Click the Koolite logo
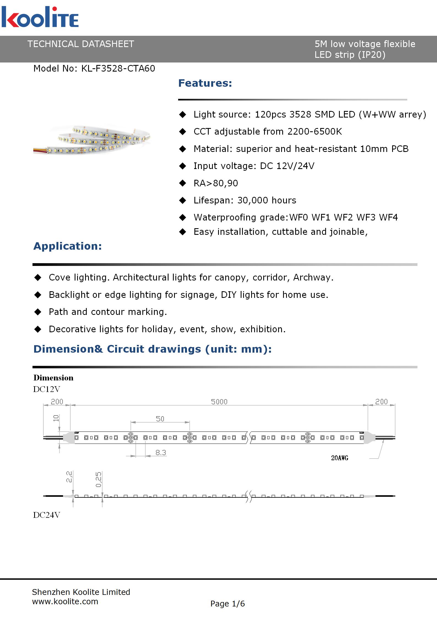pyautogui.click(x=40, y=17)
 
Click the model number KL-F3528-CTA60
pyautogui.click(x=118, y=69)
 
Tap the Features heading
pyautogui.click(x=205, y=83)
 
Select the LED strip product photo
pyautogui.click(x=92, y=140)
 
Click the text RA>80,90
pyautogui.click(x=216, y=183)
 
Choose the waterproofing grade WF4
pyautogui.click(x=388, y=217)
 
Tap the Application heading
pyautogui.click(x=68, y=246)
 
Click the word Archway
pyautogui.click(x=313, y=277)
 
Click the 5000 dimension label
pyautogui.click(x=219, y=402)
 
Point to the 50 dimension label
pyautogui.click(x=160, y=419)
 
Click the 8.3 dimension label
pyautogui.click(x=161, y=453)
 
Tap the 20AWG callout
pyautogui.click(x=340, y=458)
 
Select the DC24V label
pyautogui.click(x=47, y=515)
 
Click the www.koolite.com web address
pyautogui.click(x=65, y=601)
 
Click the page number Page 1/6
pyautogui.click(x=227, y=604)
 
